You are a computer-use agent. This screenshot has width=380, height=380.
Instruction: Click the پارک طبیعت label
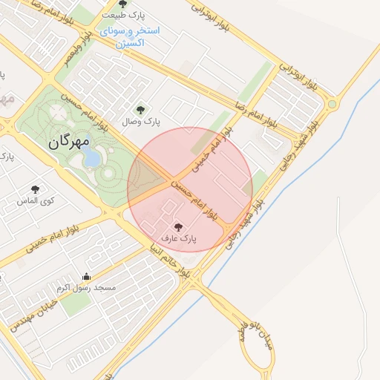122,16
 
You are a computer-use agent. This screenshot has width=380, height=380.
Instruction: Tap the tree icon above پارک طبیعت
122,4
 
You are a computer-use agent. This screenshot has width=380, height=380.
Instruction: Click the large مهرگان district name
71,140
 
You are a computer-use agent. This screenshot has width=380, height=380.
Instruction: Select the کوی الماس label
35,201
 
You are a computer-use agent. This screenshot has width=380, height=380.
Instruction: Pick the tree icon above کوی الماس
35,189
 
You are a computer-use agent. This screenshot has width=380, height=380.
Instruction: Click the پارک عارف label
178,239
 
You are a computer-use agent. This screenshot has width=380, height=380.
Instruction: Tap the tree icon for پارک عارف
178,226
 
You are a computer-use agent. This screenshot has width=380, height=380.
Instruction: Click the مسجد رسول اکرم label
86,288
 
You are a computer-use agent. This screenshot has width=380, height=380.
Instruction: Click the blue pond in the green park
91,157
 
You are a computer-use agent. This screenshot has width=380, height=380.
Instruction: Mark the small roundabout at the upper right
332,104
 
